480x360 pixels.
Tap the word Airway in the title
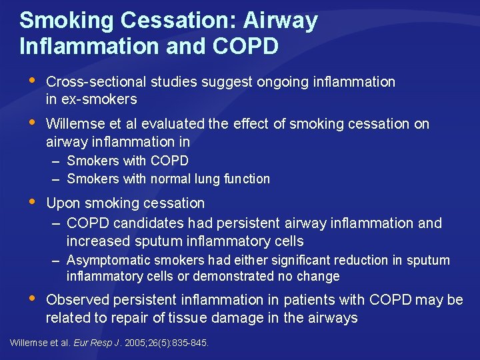(280, 21)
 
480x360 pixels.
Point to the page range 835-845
(189, 343)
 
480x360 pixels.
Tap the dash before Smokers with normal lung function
(57, 179)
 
